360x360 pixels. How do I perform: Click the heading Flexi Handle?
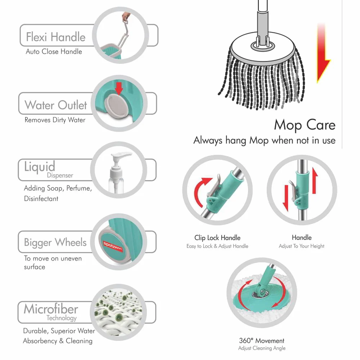click(55, 37)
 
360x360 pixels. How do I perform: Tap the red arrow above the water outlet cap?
click(118, 88)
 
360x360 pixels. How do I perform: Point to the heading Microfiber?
click(51, 309)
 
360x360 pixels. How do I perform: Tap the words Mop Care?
click(305, 125)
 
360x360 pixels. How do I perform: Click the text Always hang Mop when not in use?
click(264, 140)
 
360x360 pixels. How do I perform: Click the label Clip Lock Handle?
click(217, 238)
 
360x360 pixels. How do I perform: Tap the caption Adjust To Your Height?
click(301, 246)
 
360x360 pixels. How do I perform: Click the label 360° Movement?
click(261, 341)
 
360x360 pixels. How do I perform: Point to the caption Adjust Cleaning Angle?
click(261, 348)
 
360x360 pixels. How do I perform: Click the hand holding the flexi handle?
click(125, 16)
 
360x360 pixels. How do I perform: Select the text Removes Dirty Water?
click(55, 120)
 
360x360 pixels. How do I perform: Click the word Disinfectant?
click(41, 198)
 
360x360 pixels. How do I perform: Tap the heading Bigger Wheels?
click(55, 242)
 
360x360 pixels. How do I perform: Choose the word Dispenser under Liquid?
click(60, 175)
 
